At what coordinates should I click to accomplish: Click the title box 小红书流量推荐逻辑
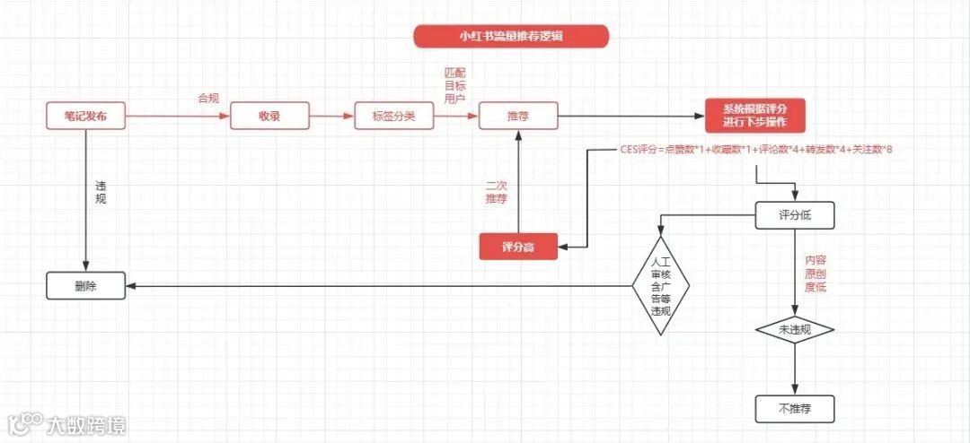tap(511, 37)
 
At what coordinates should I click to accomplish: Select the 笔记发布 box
tap(85, 116)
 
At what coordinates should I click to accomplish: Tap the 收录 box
tap(269, 116)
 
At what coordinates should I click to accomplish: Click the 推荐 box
tap(517, 116)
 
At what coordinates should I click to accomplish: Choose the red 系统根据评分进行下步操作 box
tap(754, 115)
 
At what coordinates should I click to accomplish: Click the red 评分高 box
tap(518, 247)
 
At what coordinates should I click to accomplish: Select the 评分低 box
tap(795, 215)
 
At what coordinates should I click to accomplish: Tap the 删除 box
tap(85, 287)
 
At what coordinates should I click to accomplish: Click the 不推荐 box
tap(795, 408)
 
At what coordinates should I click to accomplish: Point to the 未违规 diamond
tap(795, 330)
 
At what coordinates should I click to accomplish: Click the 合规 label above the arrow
tap(208, 98)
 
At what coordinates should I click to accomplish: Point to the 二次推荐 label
tap(496, 191)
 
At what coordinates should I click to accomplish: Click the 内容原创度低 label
tap(816, 274)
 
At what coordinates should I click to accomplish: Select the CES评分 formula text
tap(755, 149)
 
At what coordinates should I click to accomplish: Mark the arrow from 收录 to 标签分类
tap(332, 116)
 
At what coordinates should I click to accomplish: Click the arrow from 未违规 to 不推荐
tap(795, 369)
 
